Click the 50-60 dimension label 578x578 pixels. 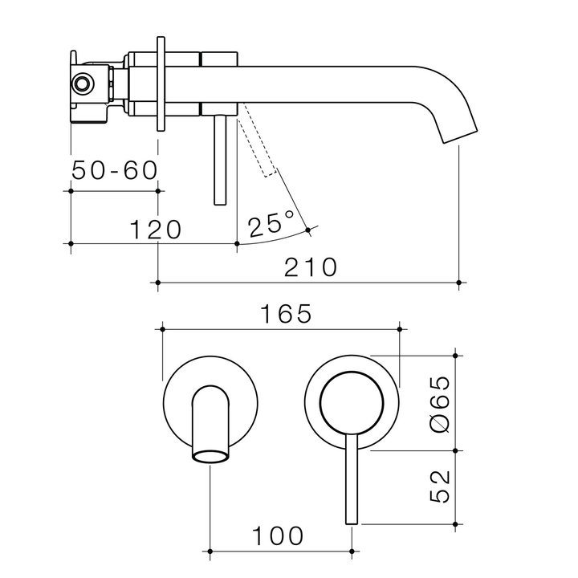click(115, 170)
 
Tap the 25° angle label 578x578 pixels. click(271, 224)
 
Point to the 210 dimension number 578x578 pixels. click(312, 267)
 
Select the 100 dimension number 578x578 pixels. click(279, 535)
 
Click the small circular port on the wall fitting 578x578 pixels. click(82, 83)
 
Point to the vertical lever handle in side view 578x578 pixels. click(218, 161)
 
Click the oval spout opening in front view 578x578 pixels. click(209, 457)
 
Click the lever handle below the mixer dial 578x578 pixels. click(351, 482)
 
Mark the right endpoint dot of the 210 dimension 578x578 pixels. click(458, 283)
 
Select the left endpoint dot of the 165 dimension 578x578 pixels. click(163, 329)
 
